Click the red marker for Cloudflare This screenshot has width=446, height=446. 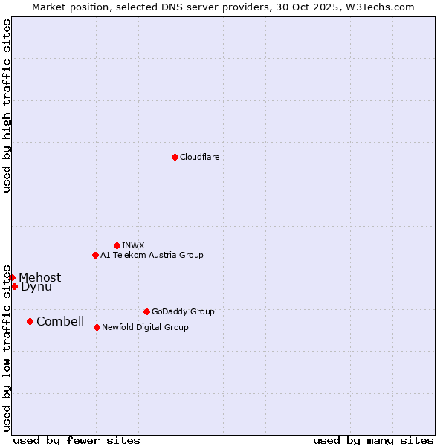(x=175, y=157)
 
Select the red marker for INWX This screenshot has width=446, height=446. (x=117, y=245)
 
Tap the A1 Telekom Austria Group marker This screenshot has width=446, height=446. (x=95, y=255)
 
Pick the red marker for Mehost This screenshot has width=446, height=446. (x=12, y=277)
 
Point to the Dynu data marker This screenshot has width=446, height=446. (x=14, y=286)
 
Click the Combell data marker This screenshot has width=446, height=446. (x=30, y=321)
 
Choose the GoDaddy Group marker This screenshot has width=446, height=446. (x=146, y=311)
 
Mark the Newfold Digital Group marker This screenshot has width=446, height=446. (x=97, y=327)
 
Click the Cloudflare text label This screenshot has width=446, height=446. (x=199, y=157)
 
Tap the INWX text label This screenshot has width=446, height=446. (x=133, y=245)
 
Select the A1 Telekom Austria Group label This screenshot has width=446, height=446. (x=152, y=255)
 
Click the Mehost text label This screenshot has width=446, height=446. (x=40, y=278)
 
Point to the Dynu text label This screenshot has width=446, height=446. (x=36, y=287)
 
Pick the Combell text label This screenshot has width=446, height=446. (x=60, y=322)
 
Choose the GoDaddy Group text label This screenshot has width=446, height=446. (x=183, y=311)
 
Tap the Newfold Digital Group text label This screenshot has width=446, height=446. (x=145, y=327)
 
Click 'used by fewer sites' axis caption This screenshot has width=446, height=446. (x=77, y=440)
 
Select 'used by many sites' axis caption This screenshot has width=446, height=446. (x=373, y=440)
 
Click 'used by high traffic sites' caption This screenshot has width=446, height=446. (x=7, y=106)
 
